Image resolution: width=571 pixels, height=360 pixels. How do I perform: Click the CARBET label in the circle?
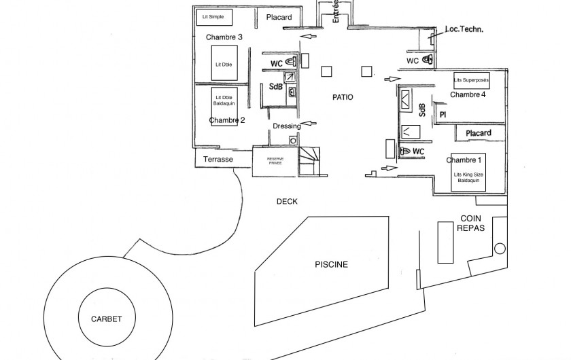(106, 319)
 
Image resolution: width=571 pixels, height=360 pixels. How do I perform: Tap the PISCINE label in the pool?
(331, 264)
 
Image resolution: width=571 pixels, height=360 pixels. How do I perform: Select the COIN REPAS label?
(470, 223)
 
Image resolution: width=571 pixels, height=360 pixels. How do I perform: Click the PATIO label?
(343, 97)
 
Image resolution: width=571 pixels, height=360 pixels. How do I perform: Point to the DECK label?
(287, 202)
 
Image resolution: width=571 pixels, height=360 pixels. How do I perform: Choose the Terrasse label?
(218, 160)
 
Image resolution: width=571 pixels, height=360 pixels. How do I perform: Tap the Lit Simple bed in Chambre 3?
(213, 16)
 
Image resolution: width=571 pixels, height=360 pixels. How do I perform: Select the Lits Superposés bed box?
(471, 80)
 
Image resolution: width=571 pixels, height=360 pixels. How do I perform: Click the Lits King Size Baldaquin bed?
(467, 176)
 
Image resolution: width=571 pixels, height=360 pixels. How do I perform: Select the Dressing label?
(286, 126)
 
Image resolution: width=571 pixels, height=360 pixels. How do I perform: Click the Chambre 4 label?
(468, 94)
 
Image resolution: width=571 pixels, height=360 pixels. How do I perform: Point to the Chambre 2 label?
(227, 120)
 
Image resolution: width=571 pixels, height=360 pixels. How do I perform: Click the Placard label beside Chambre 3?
(279, 18)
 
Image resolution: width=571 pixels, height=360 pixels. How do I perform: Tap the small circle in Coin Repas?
(501, 248)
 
